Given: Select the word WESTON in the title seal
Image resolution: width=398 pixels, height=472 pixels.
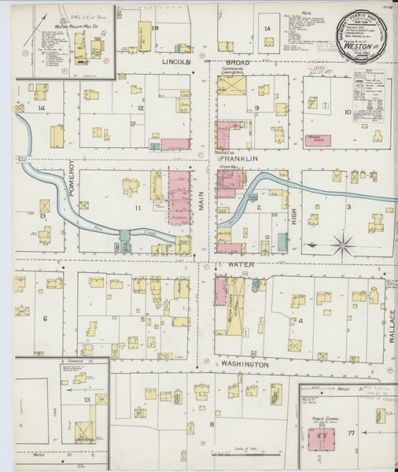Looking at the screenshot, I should click(359, 45).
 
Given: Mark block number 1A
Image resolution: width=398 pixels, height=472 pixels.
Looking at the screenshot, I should click(267, 29).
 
